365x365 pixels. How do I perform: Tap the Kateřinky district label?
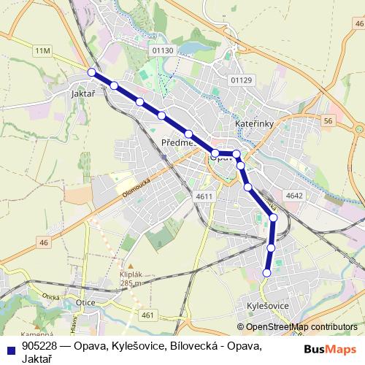[254, 125]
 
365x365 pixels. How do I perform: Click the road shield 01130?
[161, 50]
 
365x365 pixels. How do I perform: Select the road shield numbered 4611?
[204, 196]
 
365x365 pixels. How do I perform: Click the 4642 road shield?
[295, 196]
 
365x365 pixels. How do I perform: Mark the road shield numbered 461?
[149, 315]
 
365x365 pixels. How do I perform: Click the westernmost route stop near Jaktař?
[91, 72]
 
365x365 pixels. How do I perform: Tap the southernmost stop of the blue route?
[266, 273]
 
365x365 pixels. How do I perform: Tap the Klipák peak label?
[128, 276]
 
